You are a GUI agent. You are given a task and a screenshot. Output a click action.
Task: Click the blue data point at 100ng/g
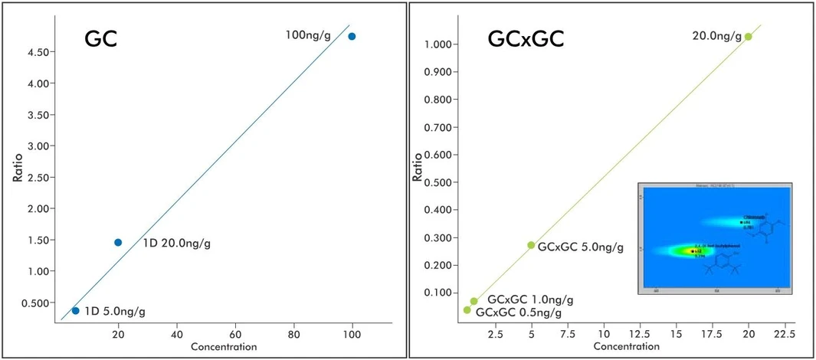coord(352,36)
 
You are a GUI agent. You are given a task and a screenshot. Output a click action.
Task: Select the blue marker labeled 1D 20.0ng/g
coord(118,242)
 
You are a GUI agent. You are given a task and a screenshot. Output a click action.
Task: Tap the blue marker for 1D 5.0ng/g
coord(75,310)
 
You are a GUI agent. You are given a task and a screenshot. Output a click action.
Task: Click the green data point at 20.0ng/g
coord(749,36)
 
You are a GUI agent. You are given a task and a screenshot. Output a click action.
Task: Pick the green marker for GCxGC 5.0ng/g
coord(531,245)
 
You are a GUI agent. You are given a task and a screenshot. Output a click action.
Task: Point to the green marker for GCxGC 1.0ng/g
coord(474,301)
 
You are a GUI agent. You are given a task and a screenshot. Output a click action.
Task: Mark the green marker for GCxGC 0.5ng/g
coord(467,310)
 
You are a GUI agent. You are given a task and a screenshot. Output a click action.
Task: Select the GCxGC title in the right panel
coord(526,39)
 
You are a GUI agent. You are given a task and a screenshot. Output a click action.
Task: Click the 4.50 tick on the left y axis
coord(38,51)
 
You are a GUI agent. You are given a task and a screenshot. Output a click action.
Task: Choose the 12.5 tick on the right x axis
coord(640,334)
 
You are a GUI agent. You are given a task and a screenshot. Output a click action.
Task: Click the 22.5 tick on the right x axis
coord(785,334)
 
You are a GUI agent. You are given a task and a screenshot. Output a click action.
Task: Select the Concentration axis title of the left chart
coord(223,347)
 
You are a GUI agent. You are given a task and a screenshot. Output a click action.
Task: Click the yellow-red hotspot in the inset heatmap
coord(691,250)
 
